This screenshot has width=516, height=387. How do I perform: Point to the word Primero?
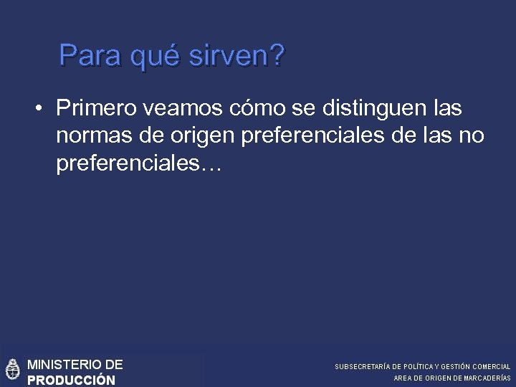(97, 109)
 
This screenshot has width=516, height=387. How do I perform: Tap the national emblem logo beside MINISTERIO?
(12, 371)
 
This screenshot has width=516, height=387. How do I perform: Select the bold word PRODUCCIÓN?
(71, 380)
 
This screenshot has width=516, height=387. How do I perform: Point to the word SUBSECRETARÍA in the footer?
(363, 367)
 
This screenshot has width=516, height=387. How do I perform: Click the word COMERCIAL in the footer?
(490, 367)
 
